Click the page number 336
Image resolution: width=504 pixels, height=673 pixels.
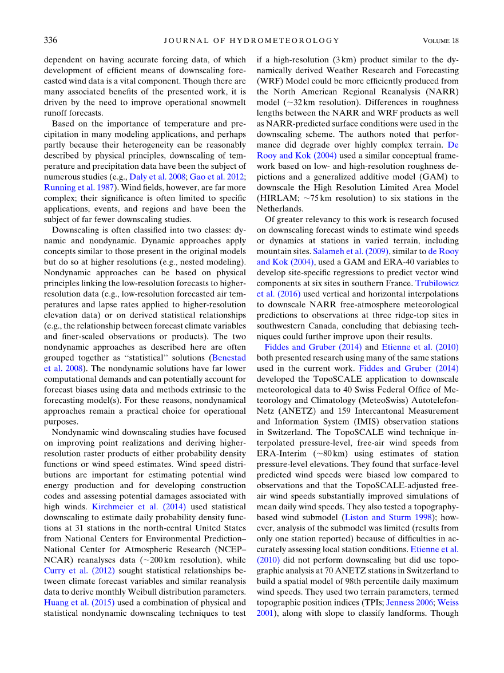pyautogui.click(x=51, y=40)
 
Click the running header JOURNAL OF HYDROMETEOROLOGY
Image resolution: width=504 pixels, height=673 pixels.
pyautogui.click(x=251, y=41)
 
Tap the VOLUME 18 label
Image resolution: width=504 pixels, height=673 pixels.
pyautogui.click(x=440, y=41)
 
